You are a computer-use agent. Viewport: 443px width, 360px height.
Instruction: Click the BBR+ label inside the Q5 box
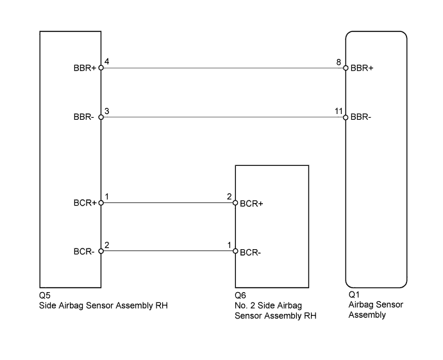(x=85, y=68)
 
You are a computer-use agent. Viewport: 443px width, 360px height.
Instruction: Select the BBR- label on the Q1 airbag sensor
(x=360, y=117)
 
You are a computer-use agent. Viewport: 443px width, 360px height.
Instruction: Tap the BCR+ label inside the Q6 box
(x=251, y=204)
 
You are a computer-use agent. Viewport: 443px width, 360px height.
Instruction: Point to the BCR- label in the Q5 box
(x=84, y=251)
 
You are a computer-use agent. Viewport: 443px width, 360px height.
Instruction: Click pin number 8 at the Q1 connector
(x=339, y=62)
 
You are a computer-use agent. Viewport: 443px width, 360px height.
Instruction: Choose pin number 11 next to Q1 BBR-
(x=339, y=111)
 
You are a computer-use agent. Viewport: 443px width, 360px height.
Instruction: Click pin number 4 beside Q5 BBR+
(x=107, y=61)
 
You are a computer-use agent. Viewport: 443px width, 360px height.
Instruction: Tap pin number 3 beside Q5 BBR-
(x=107, y=111)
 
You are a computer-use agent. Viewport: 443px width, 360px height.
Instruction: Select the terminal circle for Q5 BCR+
(x=101, y=202)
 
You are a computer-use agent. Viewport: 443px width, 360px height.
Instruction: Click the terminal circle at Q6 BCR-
(x=235, y=251)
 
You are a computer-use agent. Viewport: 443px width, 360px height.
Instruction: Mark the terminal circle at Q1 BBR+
(x=346, y=68)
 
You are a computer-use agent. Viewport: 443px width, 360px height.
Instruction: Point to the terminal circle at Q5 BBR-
(x=101, y=117)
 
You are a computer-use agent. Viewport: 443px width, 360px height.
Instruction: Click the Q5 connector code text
(x=45, y=295)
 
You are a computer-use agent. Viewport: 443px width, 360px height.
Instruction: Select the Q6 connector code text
(x=240, y=295)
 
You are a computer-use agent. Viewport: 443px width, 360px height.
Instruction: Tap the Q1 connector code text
(x=354, y=295)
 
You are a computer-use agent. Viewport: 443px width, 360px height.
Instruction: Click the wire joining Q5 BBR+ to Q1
(x=223, y=68)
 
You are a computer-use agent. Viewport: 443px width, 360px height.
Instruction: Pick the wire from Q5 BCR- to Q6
(x=168, y=251)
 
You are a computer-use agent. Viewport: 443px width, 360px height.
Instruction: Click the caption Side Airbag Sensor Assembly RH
(x=103, y=306)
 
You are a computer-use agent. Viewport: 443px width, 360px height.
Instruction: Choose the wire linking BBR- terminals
(x=223, y=117)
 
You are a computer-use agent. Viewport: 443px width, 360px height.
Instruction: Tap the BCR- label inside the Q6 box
(x=250, y=252)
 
